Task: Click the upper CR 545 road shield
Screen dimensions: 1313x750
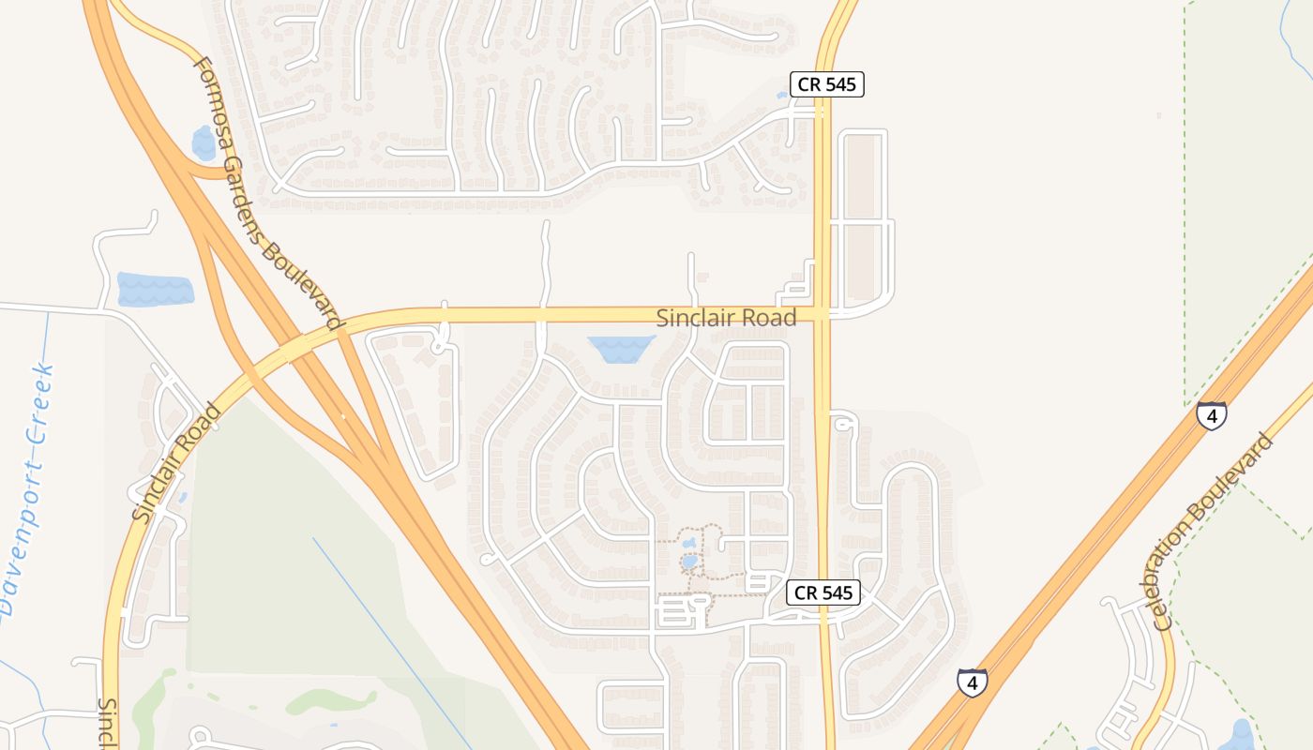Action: (x=825, y=84)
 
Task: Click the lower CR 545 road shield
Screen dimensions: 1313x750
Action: (x=823, y=592)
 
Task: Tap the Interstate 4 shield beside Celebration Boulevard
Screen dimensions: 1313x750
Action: (x=1211, y=415)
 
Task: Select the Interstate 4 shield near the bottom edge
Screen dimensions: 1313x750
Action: (x=972, y=682)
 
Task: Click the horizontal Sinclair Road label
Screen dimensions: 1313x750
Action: (x=726, y=318)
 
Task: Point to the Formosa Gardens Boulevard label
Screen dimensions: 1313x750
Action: (x=267, y=192)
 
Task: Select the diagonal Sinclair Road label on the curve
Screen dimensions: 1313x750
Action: (x=175, y=462)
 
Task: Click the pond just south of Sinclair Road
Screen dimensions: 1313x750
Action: (x=620, y=349)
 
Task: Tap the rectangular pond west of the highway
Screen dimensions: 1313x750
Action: (x=155, y=289)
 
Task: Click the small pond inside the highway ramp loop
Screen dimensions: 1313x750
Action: (x=204, y=143)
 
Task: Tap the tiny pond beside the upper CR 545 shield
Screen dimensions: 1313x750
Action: (x=782, y=95)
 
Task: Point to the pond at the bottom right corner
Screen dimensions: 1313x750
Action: (x=1242, y=735)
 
